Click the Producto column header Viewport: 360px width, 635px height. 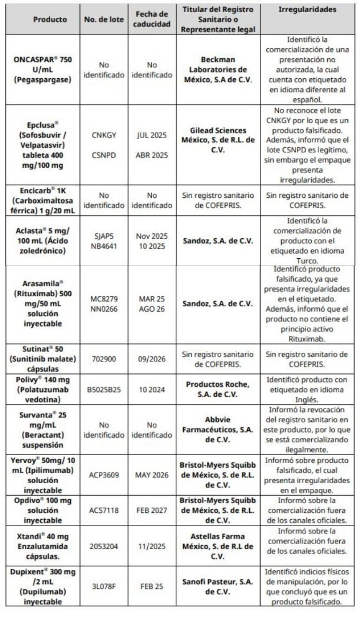coord(50,20)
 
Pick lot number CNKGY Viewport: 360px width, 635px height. coord(105,135)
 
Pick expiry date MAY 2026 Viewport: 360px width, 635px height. coord(150,475)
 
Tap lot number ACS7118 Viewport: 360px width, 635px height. coord(105,510)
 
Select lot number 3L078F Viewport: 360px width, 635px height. coord(105,582)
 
